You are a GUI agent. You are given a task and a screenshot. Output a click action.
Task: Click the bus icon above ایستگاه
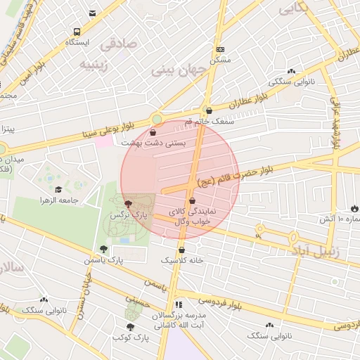coord(77,32)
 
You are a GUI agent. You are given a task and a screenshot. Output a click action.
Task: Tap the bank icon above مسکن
coord(221,49)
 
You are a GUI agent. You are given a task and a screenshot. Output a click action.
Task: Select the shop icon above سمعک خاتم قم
coord(208,110)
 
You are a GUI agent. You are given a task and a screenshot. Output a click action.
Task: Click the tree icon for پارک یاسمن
coord(103,248)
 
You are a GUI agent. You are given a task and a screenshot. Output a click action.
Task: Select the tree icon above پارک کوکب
coord(130,327)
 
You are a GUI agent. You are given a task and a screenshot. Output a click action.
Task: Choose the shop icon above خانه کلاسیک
coord(182,249)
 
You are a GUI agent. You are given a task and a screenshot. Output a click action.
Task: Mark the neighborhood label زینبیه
coord(96,65)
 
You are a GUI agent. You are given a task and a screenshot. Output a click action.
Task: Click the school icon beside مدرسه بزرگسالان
coord(179,304)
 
